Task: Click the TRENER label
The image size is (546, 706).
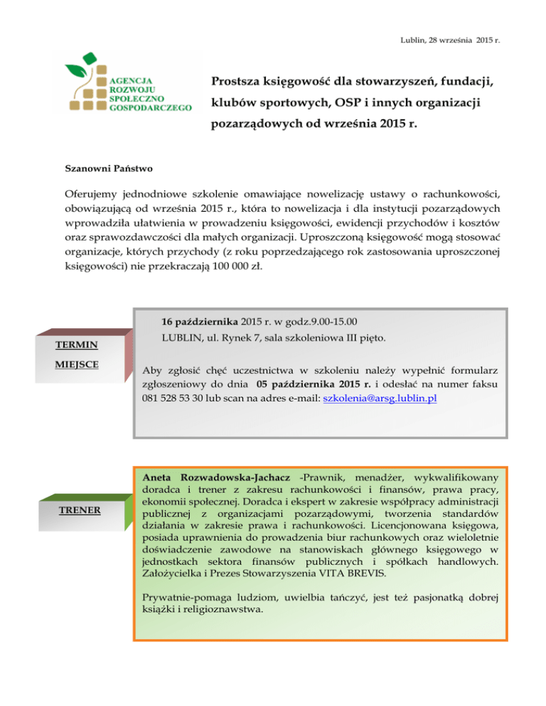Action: tap(79, 510)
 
